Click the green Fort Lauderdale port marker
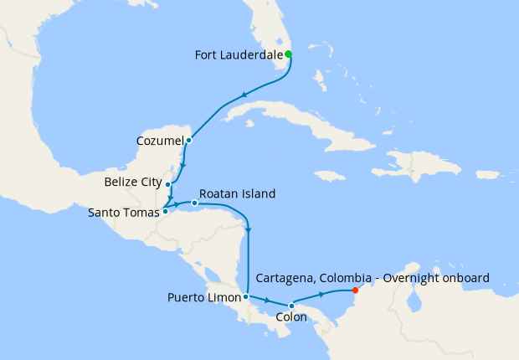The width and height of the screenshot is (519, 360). point(288,54)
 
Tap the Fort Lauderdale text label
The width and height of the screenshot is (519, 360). point(238,56)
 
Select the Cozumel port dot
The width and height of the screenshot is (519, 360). point(189,140)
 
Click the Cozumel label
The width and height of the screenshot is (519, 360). point(159,140)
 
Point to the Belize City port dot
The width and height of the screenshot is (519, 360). point(168,184)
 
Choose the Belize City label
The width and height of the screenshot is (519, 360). point(133,181)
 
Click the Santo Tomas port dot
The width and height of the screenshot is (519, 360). point(165,211)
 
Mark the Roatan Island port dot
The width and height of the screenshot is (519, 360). point(194,203)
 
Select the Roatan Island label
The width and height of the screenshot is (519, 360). point(238,193)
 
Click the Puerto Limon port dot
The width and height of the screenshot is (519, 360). point(245,296)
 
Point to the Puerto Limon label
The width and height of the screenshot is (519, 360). point(203,297)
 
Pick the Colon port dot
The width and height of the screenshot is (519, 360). point(291,306)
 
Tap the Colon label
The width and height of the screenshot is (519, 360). point(291,319)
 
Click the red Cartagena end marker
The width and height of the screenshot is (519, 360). point(356,291)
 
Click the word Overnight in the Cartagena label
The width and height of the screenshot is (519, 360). point(413,278)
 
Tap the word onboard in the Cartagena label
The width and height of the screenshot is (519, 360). point(466,278)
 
